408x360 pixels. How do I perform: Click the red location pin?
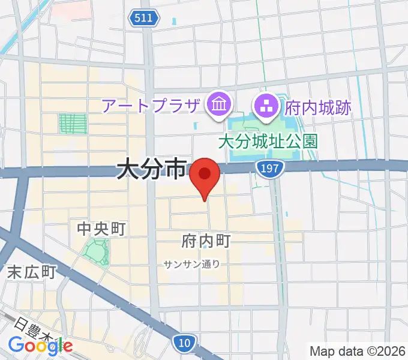click(205, 175)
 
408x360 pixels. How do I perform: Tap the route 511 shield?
click(143, 19)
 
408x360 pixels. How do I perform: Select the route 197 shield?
click(269, 169)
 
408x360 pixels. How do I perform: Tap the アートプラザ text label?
click(150, 107)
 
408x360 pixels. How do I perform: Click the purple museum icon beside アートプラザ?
click(218, 106)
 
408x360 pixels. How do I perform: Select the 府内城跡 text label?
click(318, 108)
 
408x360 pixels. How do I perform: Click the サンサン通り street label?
click(191, 263)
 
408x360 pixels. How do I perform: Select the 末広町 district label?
click(32, 271)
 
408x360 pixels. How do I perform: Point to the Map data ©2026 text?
click(358, 351)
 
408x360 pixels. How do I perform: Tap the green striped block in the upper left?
click(73, 124)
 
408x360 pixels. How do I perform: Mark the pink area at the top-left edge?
click(72, 7)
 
